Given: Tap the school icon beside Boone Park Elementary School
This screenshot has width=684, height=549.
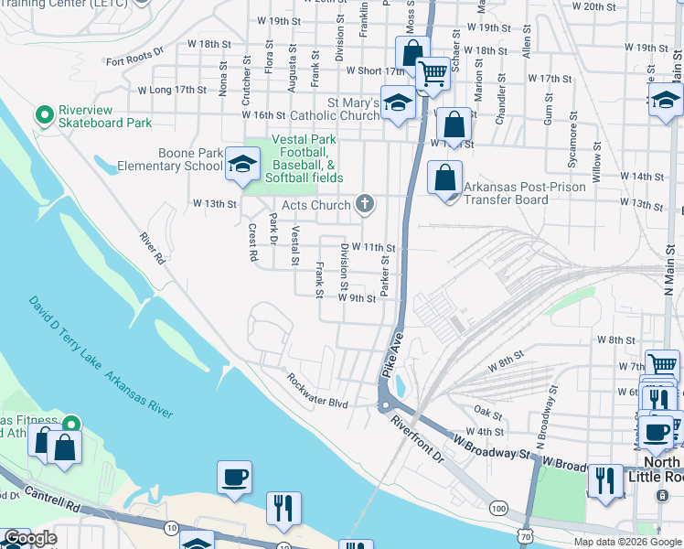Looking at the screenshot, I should tap(241, 164).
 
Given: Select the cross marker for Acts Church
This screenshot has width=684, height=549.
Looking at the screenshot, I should tap(365, 204).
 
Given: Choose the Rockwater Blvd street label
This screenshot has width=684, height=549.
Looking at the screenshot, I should tap(317, 391).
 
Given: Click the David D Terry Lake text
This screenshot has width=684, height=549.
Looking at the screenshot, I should tap(64, 335).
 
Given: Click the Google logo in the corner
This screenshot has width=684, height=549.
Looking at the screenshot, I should tap(29, 539).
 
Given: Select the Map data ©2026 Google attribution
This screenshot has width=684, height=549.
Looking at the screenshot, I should tap(627, 542).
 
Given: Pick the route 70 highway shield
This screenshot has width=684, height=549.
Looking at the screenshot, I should tap(524, 542).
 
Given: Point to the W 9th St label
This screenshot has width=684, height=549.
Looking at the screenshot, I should tap(357, 298).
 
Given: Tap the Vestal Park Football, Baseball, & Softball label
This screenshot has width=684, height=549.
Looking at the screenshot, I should tap(306, 158).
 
